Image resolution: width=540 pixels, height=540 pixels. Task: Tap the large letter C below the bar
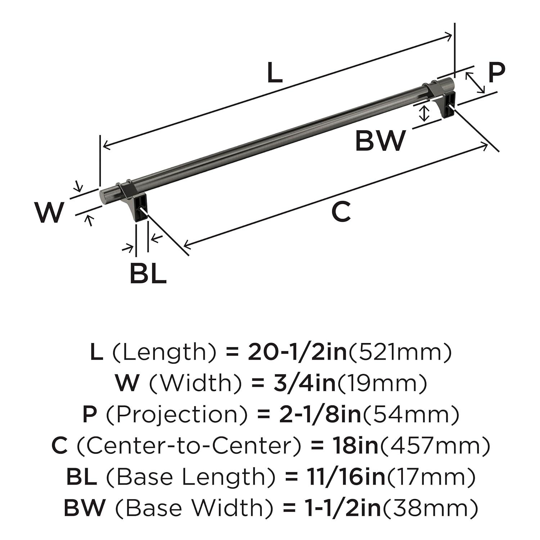(341, 212)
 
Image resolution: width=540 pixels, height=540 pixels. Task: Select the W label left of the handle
(49, 212)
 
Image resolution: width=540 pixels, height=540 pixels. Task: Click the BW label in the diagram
(380, 141)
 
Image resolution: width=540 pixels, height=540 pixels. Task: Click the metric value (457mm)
(435, 446)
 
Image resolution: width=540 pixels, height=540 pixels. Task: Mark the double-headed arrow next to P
(475, 82)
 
